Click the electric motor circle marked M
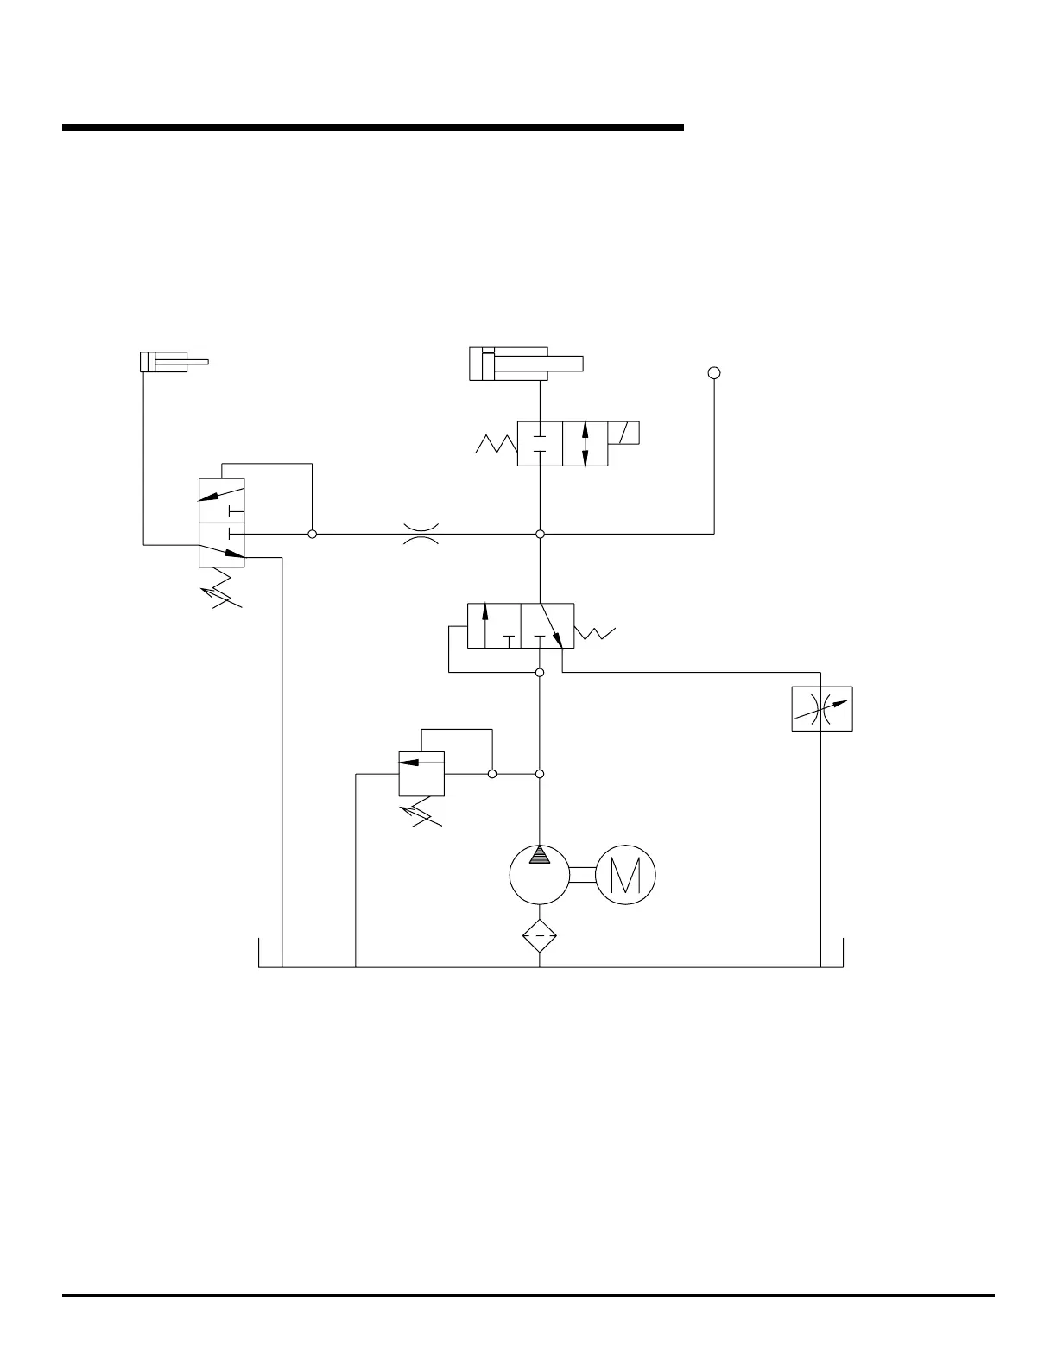pyautogui.click(x=625, y=875)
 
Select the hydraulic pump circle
pyautogui.click(x=540, y=875)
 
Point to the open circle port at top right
pyautogui.click(x=714, y=373)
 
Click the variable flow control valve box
pyautogui.click(x=822, y=709)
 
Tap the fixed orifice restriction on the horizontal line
pyautogui.click(x=421, y=534)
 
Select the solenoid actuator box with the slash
pyautogui.click(x=623, y=433)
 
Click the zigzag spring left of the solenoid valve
pyautogui.click(x=496, y=444)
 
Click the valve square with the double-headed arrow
pyautogui.click(x=585, y=444)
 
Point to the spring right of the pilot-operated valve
pyautogui.click(x=596, y=633)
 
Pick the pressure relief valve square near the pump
pyautogui.click(x=421, y=773)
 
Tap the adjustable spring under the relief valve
pyautogui.click(x=421, y=814)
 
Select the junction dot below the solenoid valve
pyautogui.click(x=540, y=535)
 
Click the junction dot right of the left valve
pyautogui.click(x=313, y=535)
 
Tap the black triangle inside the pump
pyautogui.click(x=540, y=854)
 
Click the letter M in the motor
pyautogui.click(x=625, y=875)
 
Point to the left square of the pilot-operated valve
pyautogui.click(x=494, y=626)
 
